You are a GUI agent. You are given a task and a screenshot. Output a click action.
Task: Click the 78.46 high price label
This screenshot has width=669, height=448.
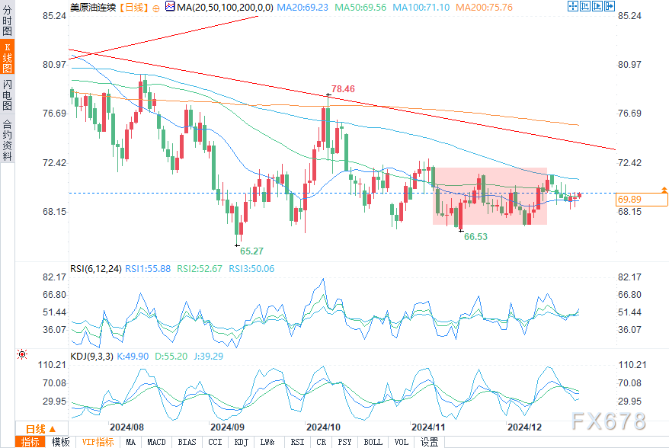pos(342,89)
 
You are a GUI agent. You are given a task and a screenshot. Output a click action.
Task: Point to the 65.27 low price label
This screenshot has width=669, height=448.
pos(251,250)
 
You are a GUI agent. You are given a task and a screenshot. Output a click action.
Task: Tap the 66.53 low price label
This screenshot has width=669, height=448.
pos(475,237)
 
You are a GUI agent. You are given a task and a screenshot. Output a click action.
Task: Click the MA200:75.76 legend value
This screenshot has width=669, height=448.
pos(484,7)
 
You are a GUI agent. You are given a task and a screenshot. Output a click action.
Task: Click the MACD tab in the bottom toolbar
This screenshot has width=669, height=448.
pos(156,442)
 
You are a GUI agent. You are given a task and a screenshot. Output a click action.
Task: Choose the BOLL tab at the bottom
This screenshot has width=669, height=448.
pos(373,442)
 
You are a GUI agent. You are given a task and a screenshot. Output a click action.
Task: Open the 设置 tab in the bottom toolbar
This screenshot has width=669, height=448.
pos(429,442)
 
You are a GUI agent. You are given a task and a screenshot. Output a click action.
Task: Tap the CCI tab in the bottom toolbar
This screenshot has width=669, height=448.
pos(215,442)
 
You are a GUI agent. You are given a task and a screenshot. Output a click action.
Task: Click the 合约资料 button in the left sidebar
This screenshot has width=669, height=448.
pos(7,140)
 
